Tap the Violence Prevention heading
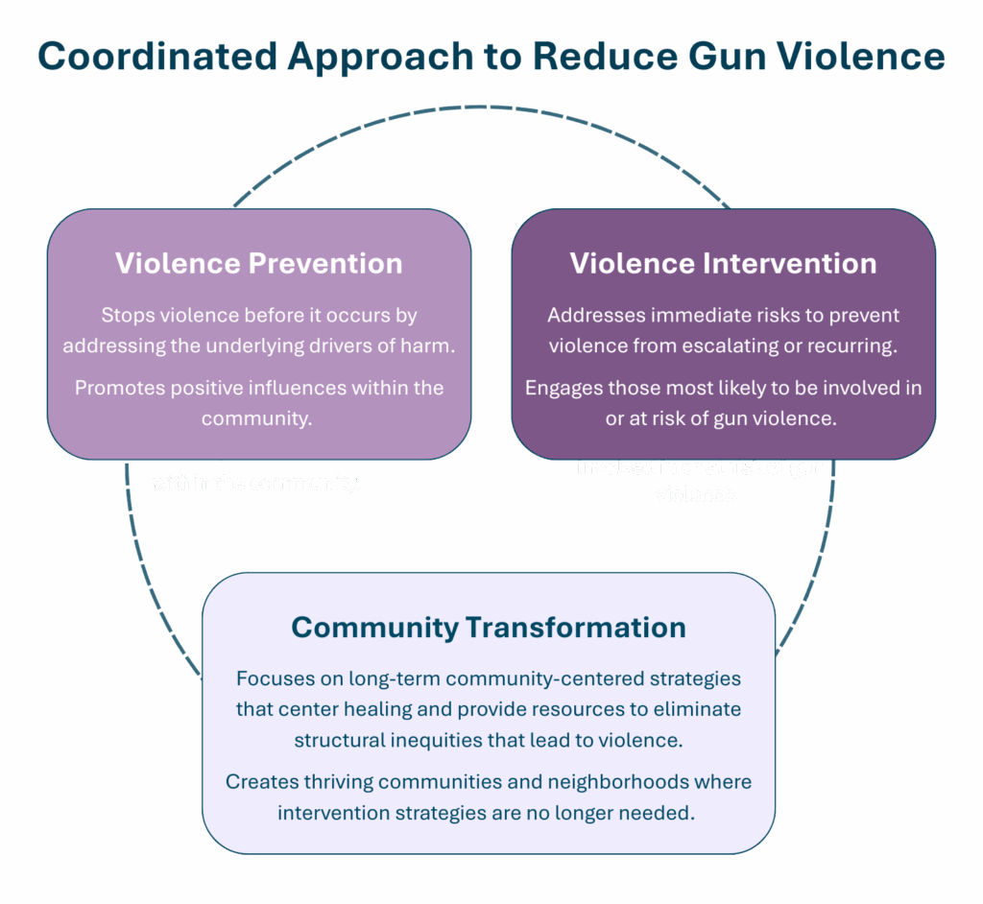coord(258,263)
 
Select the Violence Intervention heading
coord(723,263)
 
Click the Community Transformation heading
coord(489,628)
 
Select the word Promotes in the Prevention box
coord(114,388)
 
